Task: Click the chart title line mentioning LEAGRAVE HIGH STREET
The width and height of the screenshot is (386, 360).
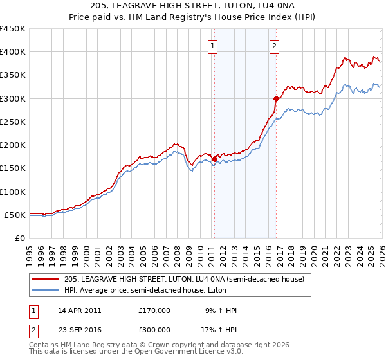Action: (192, 6)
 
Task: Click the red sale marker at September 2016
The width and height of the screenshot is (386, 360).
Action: (276, 98)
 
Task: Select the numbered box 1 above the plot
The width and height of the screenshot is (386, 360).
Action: (212, 46)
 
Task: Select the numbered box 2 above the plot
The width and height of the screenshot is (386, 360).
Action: (274, 46)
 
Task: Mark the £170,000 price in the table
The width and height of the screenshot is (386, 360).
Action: (154, 310)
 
